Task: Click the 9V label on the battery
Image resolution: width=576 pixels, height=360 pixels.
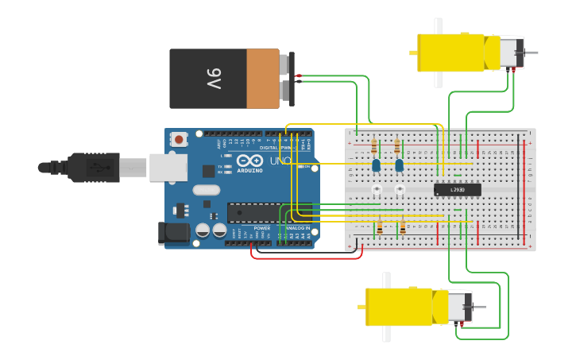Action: click(x=214, y=79)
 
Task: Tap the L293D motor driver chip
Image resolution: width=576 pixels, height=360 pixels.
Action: click(x=457, y=189)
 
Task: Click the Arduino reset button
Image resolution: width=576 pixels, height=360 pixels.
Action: click(x=179, y=139)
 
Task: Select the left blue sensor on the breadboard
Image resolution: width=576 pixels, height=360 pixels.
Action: click(x=376, y=165)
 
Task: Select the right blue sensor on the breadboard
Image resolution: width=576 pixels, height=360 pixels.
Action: click(x=399, y=165)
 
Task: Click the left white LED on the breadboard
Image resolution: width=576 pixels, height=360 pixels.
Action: click(x=376, y=189)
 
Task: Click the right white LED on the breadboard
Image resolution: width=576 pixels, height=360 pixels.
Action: click(x=400, y=189)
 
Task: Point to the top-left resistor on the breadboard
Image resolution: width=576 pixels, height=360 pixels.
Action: click(x=374, y=146)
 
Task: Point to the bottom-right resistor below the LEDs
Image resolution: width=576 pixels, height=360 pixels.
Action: click(x=403, y=227)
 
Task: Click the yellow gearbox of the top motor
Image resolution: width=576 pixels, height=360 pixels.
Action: click(x=450, y=52)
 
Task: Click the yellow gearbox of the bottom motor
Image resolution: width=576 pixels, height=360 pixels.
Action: click(x=399, y=307)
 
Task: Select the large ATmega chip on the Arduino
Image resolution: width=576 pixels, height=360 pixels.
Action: click(x=253, y=212)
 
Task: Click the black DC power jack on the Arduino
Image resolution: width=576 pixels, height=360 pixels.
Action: click(x=173, y=233)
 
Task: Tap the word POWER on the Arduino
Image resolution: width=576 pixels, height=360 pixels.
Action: click(x=261, y=229)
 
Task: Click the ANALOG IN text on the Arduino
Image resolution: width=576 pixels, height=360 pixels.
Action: click(x=297, y=229)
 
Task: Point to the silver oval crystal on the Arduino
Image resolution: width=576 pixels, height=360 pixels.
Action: click(x=205, y=189)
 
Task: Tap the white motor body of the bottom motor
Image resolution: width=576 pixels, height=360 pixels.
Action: click(x=459, y=307)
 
